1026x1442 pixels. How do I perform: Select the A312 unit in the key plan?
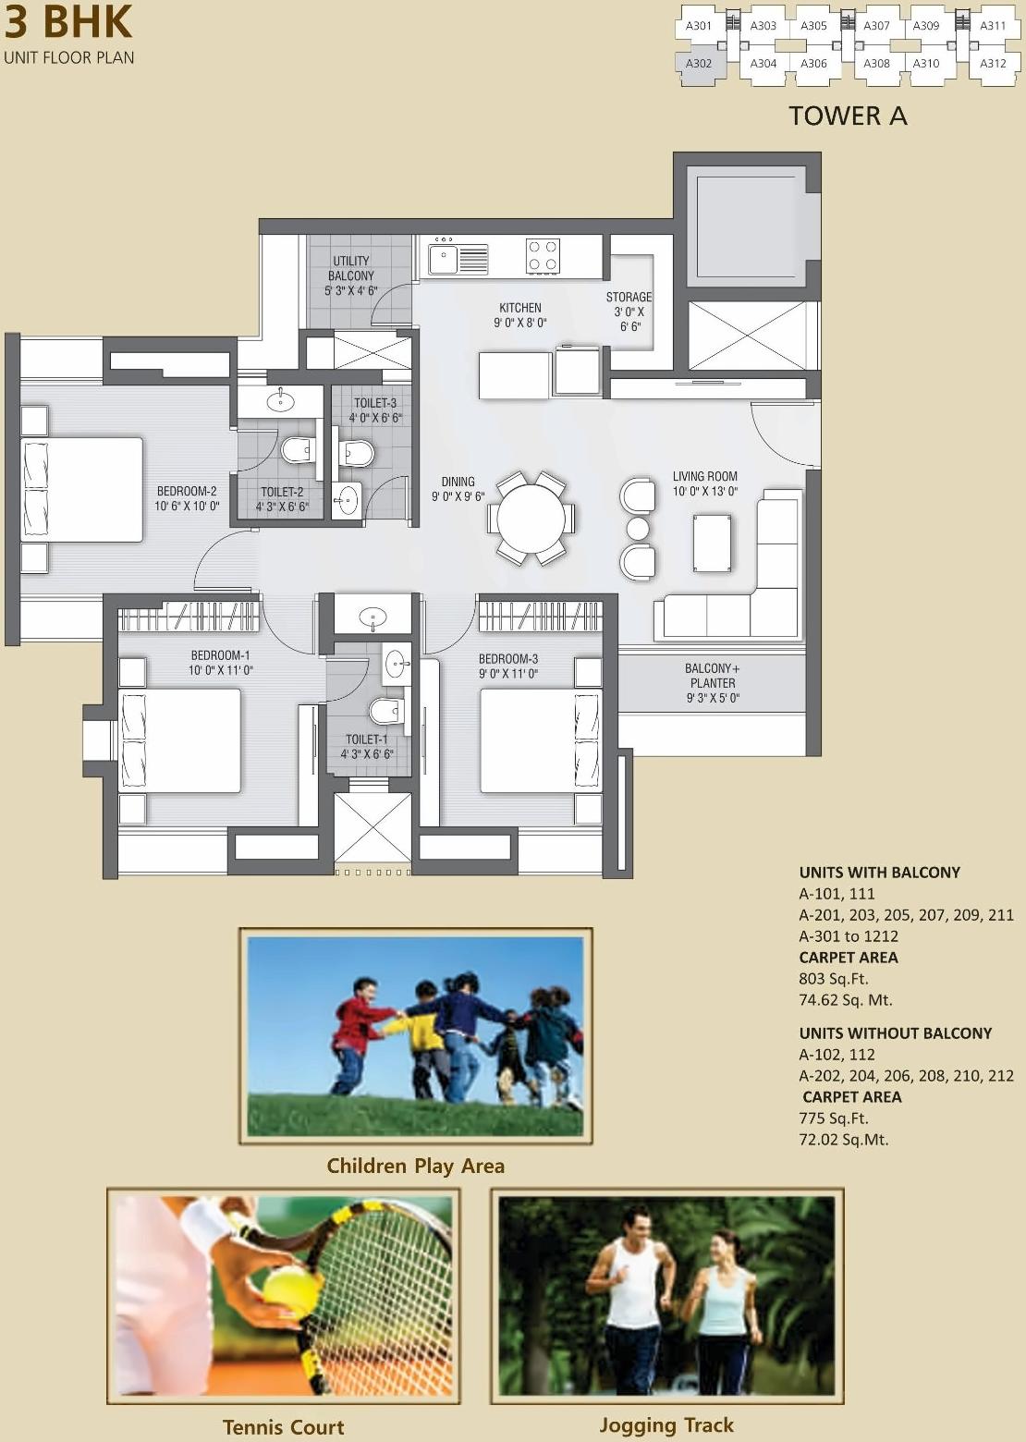993,64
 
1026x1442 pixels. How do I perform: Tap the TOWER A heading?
848,116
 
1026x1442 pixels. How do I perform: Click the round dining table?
531,519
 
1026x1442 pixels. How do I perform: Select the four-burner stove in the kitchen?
543,256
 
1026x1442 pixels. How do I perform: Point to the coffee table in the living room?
712,543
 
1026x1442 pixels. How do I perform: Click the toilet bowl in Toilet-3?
356,453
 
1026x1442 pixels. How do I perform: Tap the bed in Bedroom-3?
540,740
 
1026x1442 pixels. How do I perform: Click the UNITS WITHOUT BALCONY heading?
895,1033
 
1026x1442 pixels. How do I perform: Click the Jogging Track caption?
666,1425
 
